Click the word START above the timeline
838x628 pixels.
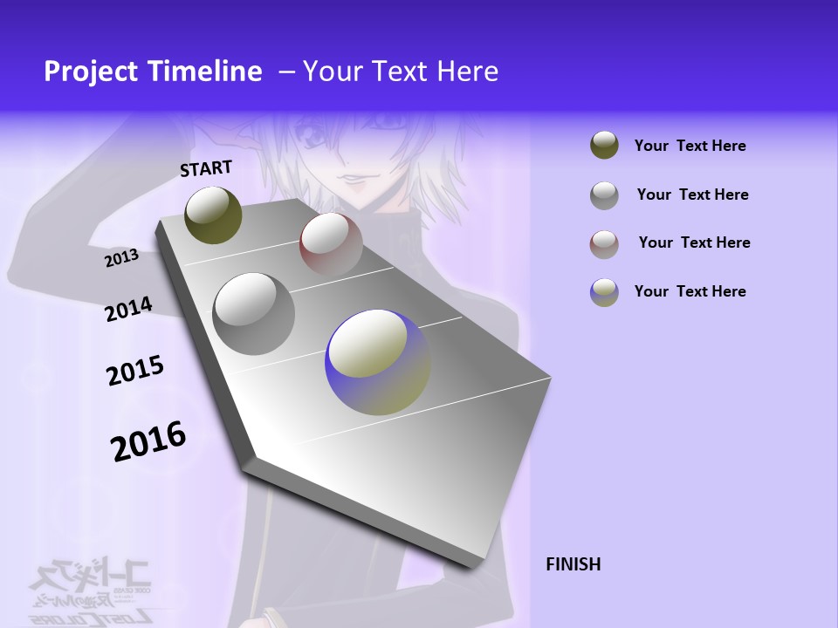[206, 167]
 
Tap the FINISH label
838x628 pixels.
[573, 564]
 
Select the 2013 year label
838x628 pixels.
[122, 258]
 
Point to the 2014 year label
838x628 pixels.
[129, 309]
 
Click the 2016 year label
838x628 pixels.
[149, 440]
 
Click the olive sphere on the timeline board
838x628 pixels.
[213, 215]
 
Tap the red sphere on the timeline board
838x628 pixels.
[330, 243]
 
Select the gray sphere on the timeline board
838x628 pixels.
[253, 314]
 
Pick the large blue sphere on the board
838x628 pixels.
[377, 362]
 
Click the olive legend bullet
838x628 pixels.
[604, 146]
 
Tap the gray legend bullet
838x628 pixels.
[604, 195]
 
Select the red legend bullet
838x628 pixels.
[604, 244]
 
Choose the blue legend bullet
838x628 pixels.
[604, 292]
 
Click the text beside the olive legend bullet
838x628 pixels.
[690, 147]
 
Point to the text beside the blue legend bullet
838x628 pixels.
[690, 291]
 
